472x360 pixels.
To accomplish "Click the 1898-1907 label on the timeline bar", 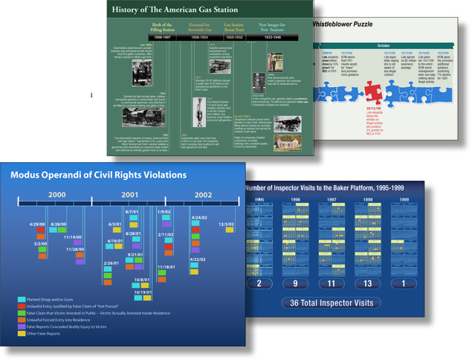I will (x=162, y=37).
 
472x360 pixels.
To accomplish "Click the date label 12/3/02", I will (x=226, y=223).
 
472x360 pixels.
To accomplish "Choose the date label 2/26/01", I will (x=111, y=264).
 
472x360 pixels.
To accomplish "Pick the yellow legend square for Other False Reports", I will (x=22, y=332).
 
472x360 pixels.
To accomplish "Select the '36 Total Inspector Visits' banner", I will (x=332, y=303).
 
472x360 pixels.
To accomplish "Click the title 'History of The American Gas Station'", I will (x=175, y=10).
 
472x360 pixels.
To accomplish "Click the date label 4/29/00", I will (x=38, y=224).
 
